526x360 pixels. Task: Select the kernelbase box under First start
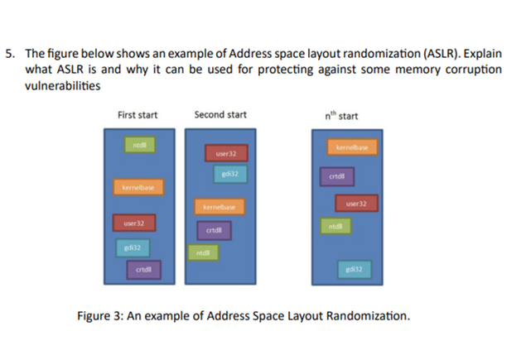(138, 189)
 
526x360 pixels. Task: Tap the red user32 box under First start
(134, 223)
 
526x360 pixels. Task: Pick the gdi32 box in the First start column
(131, 247)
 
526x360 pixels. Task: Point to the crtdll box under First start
(143, 269)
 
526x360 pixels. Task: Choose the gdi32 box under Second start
(231, 173)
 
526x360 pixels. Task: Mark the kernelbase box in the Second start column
(220, 205)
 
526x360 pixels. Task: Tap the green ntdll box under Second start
(203, 252)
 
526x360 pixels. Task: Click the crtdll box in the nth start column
(337, 175)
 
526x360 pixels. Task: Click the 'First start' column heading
(138, 114)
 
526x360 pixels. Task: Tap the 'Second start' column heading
(220, 114)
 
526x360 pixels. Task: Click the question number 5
(9, 54)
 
